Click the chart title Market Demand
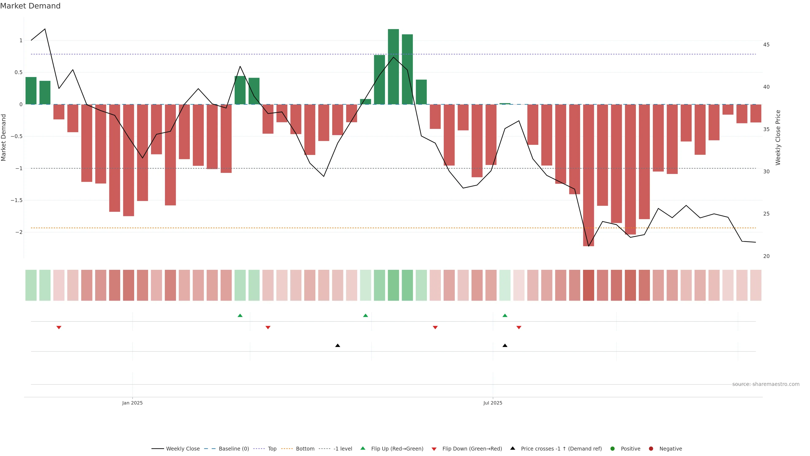[30, 6]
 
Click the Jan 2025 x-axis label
[132, 403]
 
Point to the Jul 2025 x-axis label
[493, 403]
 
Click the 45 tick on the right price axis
[766, 45]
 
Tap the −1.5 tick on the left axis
[16, 200]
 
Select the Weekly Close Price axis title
[778, 137]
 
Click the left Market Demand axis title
[4, 137]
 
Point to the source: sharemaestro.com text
[766, 384]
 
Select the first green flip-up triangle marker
[240, 315]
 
